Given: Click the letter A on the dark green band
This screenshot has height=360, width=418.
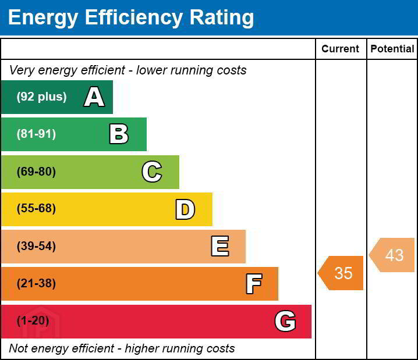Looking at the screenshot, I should tap(94, 97).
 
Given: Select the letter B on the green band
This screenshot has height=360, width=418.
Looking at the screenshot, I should tap(119, 134).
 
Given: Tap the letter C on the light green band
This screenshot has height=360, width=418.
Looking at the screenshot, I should tap(152, 172).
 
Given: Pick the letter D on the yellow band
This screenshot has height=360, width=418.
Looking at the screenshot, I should tap(185, 209).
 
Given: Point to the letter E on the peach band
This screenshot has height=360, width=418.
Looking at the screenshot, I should tap(219, 247).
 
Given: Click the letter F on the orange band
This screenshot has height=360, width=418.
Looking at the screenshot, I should tap(254, 284).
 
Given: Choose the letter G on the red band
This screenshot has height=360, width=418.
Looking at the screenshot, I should tap(285, 321).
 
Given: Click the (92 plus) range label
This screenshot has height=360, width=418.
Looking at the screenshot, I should tap(41, 97).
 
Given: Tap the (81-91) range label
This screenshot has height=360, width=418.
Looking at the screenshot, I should tap(36, 134).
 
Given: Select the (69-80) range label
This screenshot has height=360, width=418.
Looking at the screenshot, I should tap(36, 172).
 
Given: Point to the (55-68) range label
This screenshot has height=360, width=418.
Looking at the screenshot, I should tap(36, 209).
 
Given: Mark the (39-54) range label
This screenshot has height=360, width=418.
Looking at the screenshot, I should tap(36, 247).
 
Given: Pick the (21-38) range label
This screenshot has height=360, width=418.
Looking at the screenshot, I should tap(36, 284).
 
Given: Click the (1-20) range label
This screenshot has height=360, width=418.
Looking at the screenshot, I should tap(33, 321).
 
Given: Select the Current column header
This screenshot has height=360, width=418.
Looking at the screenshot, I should tap(341, 49).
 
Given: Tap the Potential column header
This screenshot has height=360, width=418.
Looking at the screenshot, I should tap(392, 49).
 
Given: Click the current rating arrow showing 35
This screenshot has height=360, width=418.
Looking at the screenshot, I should tap(342, 273).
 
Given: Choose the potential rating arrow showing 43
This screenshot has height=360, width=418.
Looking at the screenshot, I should tap(393, 255).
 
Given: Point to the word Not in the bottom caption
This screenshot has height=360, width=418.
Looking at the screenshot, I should tap(20, 349).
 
